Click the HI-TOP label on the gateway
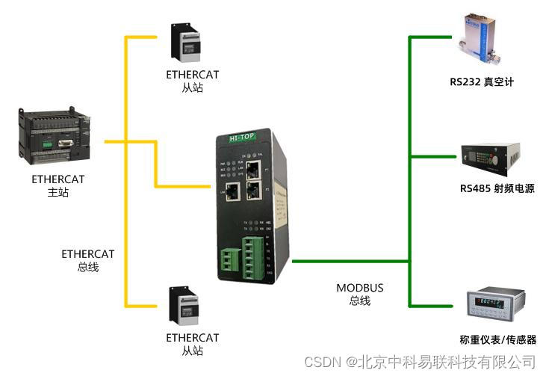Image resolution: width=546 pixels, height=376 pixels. pos(240,139)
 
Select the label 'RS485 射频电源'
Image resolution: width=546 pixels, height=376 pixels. pos(497,188)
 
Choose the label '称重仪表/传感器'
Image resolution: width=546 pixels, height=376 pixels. pos(498,339)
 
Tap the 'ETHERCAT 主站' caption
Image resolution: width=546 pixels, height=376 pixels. pos(58,186)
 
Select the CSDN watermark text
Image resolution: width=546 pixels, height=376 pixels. pos(418,361)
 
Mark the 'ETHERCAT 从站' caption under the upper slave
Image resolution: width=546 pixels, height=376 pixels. pos(193,81)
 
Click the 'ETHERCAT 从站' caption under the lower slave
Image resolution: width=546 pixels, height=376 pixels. pos(193,344)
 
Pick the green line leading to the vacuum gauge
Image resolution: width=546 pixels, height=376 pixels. pos(433,35)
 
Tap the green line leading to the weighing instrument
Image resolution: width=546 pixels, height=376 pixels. pos(433,305)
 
